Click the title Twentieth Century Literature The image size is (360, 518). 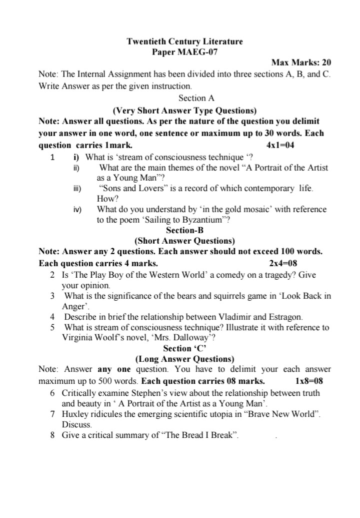[x=184, y=41]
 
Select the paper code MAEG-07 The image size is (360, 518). [x=199, y=52]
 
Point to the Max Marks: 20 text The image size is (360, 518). [x=301, y=63]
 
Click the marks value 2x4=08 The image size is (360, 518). [x=283, y=263]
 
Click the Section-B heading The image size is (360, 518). [x=184, y=230]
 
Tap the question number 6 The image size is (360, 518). [x=52, y=393]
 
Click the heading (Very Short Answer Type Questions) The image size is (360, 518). [x=184, y=110]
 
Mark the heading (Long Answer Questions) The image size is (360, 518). [x=184, y=359]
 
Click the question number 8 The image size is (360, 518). [x=52, y=435]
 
